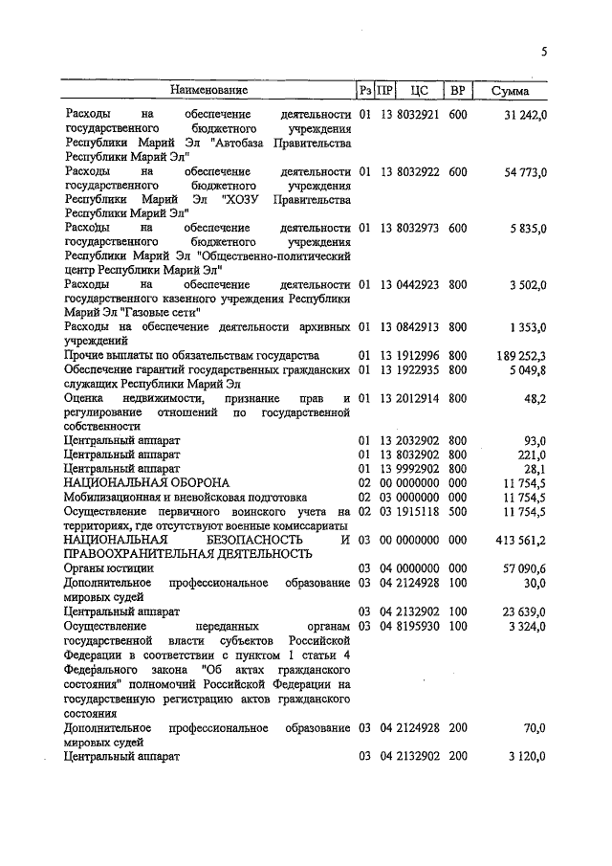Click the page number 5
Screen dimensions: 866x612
click(x=544, y=53)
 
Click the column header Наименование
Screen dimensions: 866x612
click(x=208, y=90)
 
